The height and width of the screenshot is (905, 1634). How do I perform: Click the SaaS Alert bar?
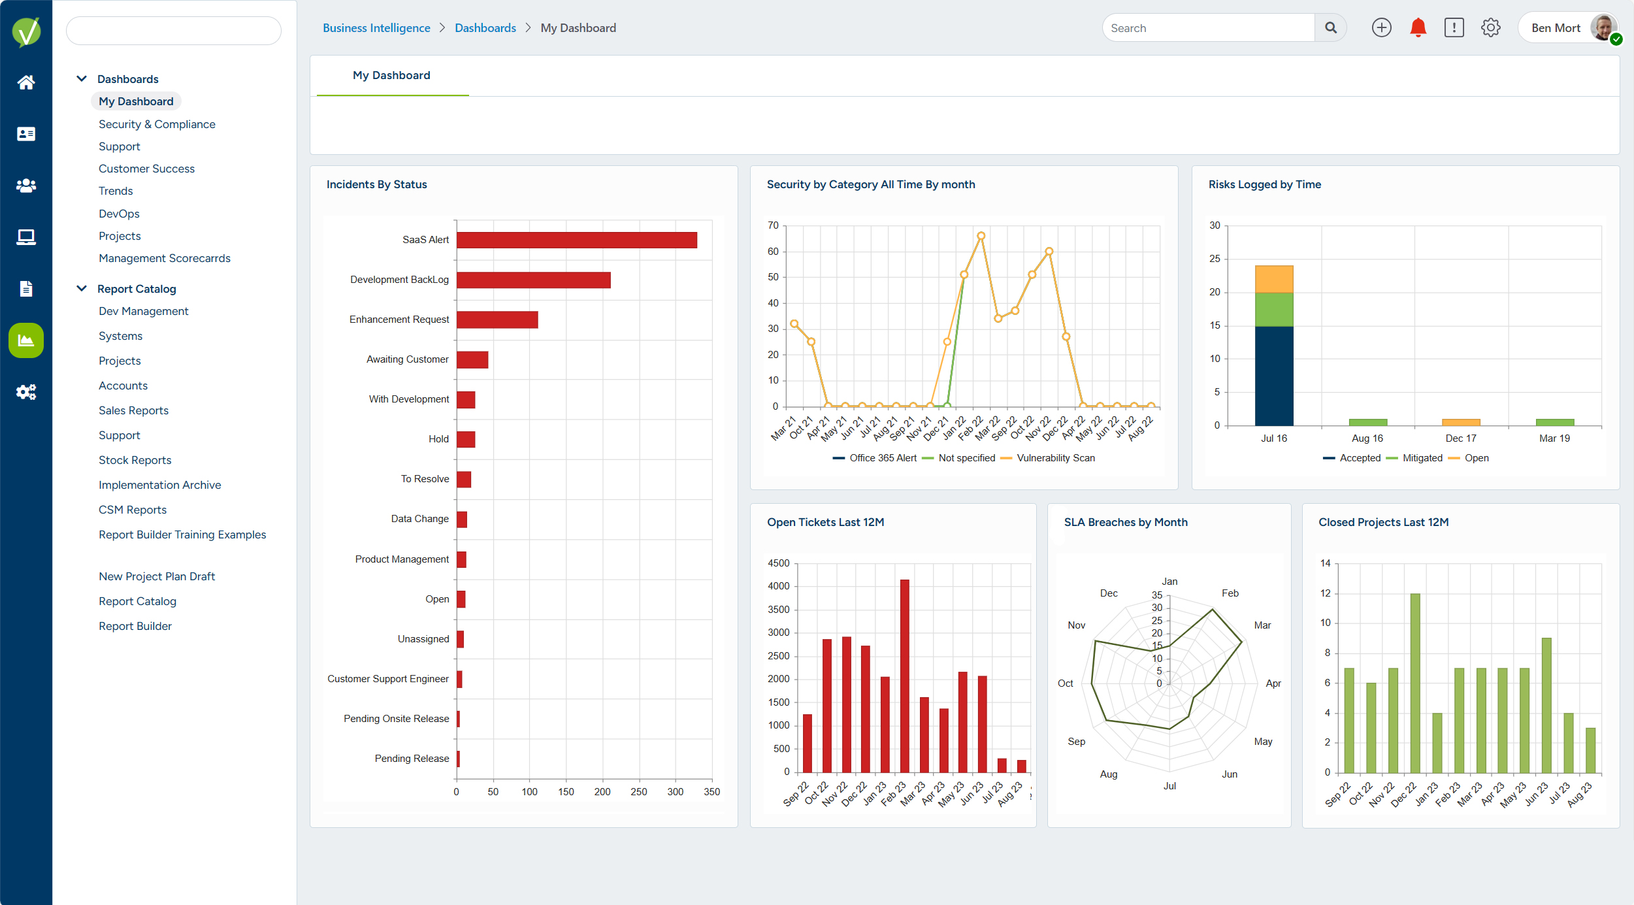[x=576, y=240]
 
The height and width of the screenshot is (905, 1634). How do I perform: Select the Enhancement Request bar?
[x=497, y=320]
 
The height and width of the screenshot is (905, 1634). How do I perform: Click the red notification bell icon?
[x=1418, y=27]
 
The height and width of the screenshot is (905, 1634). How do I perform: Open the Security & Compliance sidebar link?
[x=157, y=124]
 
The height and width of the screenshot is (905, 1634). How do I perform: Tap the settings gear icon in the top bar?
[x=1490, y=27]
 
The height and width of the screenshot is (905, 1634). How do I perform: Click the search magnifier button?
[x=1330, y=27]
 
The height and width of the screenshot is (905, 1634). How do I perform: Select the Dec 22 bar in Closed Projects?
[x=1415, y=683]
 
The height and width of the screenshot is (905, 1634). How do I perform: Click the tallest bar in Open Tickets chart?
[x=904, y=676]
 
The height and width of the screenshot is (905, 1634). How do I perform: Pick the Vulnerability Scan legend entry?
[x=1054, y=458]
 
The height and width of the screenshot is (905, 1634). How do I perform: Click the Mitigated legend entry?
[x=1422, y=458]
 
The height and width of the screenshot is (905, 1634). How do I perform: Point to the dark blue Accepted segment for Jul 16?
[x=1273, y=376]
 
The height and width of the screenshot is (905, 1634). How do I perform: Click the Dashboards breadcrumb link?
[x=485, y=28]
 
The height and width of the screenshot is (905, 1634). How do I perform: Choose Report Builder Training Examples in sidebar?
[x=182, y=535]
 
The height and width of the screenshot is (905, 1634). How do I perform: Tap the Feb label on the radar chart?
[x=1230, y=593]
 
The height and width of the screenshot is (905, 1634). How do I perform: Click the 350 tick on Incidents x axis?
[x=711, y=791]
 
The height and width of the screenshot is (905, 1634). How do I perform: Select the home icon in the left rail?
[x=26, y=82]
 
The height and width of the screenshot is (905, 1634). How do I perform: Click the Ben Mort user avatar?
[x=1603, y=27]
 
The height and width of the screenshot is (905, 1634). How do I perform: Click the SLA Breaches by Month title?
[x=1125, y=522]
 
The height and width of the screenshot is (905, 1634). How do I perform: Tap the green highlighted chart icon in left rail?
[x=26, y=340]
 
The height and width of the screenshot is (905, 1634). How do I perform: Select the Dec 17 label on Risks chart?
[x=1460, y=438]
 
